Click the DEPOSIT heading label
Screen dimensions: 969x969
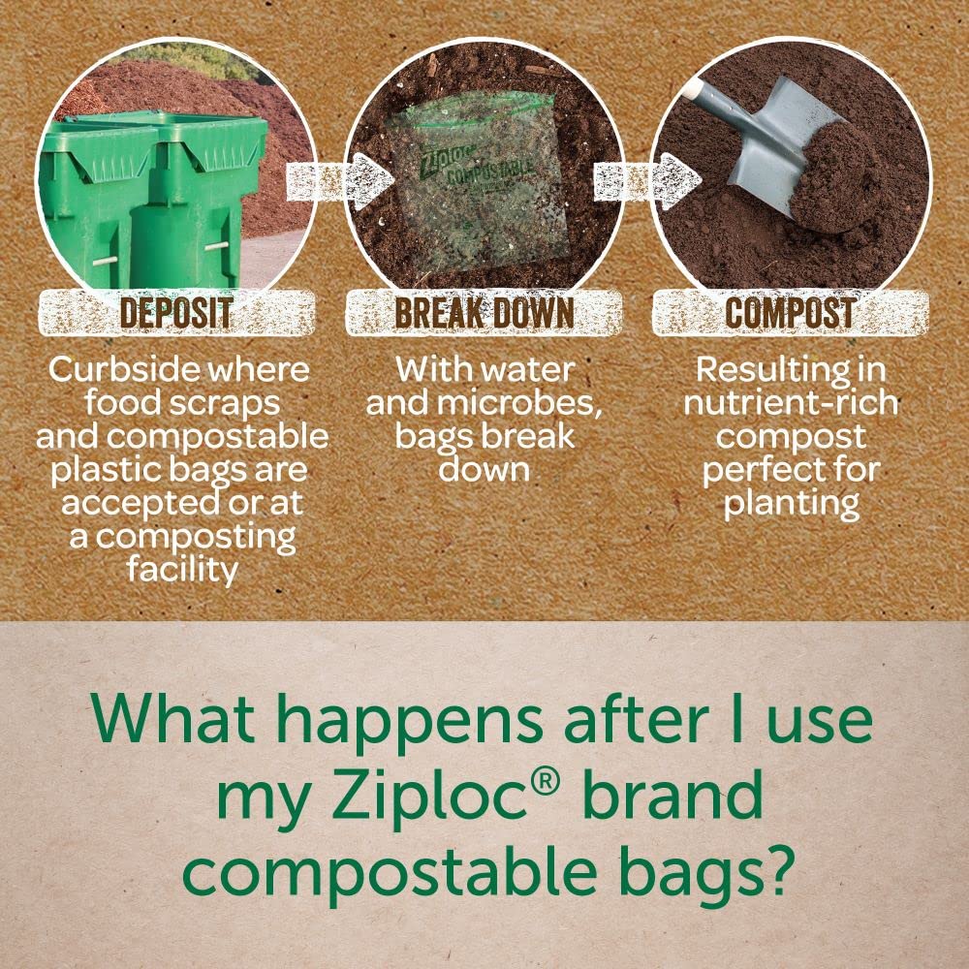(175, 313)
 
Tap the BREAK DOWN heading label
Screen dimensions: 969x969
(484, 313)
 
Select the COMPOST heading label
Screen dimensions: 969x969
(790, 313)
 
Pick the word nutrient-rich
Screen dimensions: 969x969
(791, 403)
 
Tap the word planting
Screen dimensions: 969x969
(791, 503)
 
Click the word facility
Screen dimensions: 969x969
(181, 569)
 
